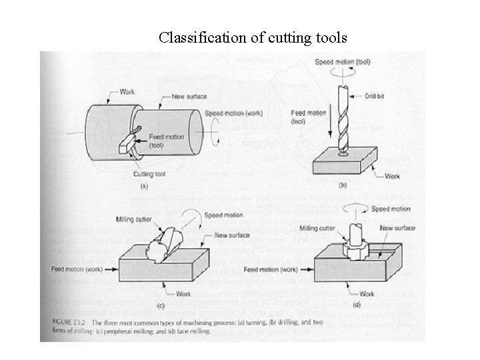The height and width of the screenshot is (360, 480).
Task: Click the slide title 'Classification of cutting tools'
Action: click(253, 37)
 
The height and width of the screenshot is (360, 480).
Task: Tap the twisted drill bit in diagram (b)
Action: click(344, 120)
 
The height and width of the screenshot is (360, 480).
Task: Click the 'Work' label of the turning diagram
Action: click(127, 91)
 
